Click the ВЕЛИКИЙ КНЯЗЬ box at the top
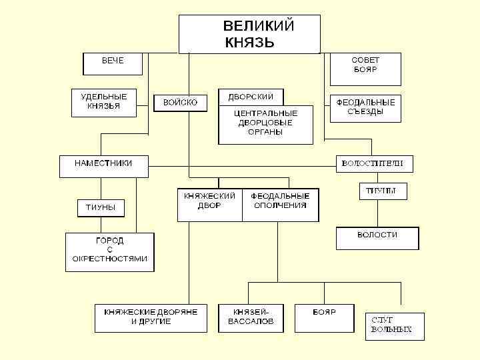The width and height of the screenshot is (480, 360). (x=249, y=34)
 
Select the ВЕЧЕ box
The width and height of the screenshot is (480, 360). (x=112, y=64)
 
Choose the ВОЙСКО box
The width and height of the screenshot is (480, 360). (x=180, y=103)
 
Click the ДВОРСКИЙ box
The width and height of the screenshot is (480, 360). (x=251, y=97)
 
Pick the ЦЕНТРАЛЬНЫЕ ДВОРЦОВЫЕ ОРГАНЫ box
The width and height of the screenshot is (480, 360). (x=266, y=124)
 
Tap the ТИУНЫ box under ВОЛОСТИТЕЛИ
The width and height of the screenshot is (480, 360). (x=383, y=191)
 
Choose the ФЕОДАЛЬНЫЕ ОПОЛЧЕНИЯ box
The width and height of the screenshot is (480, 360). (x=280, y=204)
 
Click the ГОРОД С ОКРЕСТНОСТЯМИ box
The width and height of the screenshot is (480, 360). (x=109, y=251)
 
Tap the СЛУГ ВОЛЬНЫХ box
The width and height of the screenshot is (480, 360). (x=394, y=327)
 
